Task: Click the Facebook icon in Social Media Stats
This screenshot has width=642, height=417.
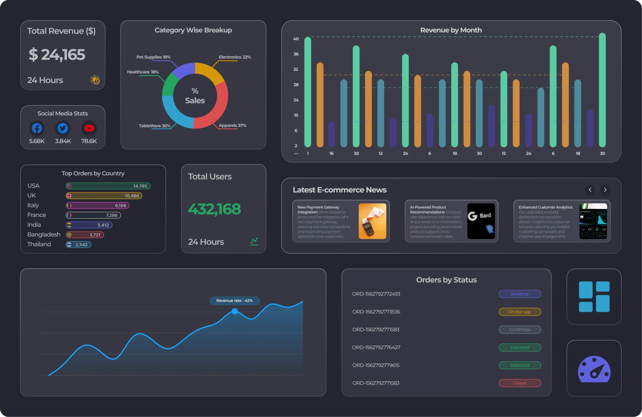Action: (x=37, y=128)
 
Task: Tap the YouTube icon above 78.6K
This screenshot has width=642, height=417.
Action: (x=89, y=128)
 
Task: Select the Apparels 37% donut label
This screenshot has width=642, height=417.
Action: (x=232, y=125)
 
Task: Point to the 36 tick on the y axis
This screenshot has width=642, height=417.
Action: (x=296, y=54)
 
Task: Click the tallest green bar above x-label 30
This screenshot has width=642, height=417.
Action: (x=602, y=90)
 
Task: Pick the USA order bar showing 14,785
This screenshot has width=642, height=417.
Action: (x=108, y=186)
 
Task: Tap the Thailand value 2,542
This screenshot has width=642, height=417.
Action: (x=81, y=244)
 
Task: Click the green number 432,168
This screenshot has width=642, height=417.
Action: (x=214, y=209)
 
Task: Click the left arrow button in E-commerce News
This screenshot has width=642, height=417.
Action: (x=590, y=190)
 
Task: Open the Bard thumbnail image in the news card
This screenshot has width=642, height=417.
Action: (x=481, y=221)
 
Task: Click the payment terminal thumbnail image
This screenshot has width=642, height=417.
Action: (x=372, y=221)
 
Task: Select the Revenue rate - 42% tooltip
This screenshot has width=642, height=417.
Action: (x=234, y=300)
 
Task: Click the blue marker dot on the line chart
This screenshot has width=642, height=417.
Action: (x=235, y=311)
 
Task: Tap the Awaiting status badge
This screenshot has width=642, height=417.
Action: (x=520, y=294)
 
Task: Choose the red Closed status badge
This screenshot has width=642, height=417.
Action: (x=520, y=383)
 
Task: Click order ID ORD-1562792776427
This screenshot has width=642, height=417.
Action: (x=376, y=347)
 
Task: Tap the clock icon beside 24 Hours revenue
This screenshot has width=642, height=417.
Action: (x=95, y=80)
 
